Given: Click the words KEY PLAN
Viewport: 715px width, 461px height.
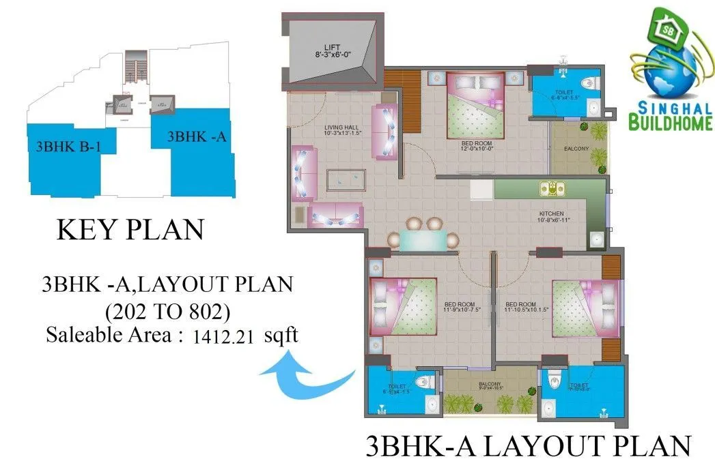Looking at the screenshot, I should [x=130, y=230].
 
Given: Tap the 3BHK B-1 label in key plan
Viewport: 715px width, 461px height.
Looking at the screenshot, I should [x=71, y=145].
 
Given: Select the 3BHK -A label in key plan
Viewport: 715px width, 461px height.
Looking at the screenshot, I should [x=197, y=136].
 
